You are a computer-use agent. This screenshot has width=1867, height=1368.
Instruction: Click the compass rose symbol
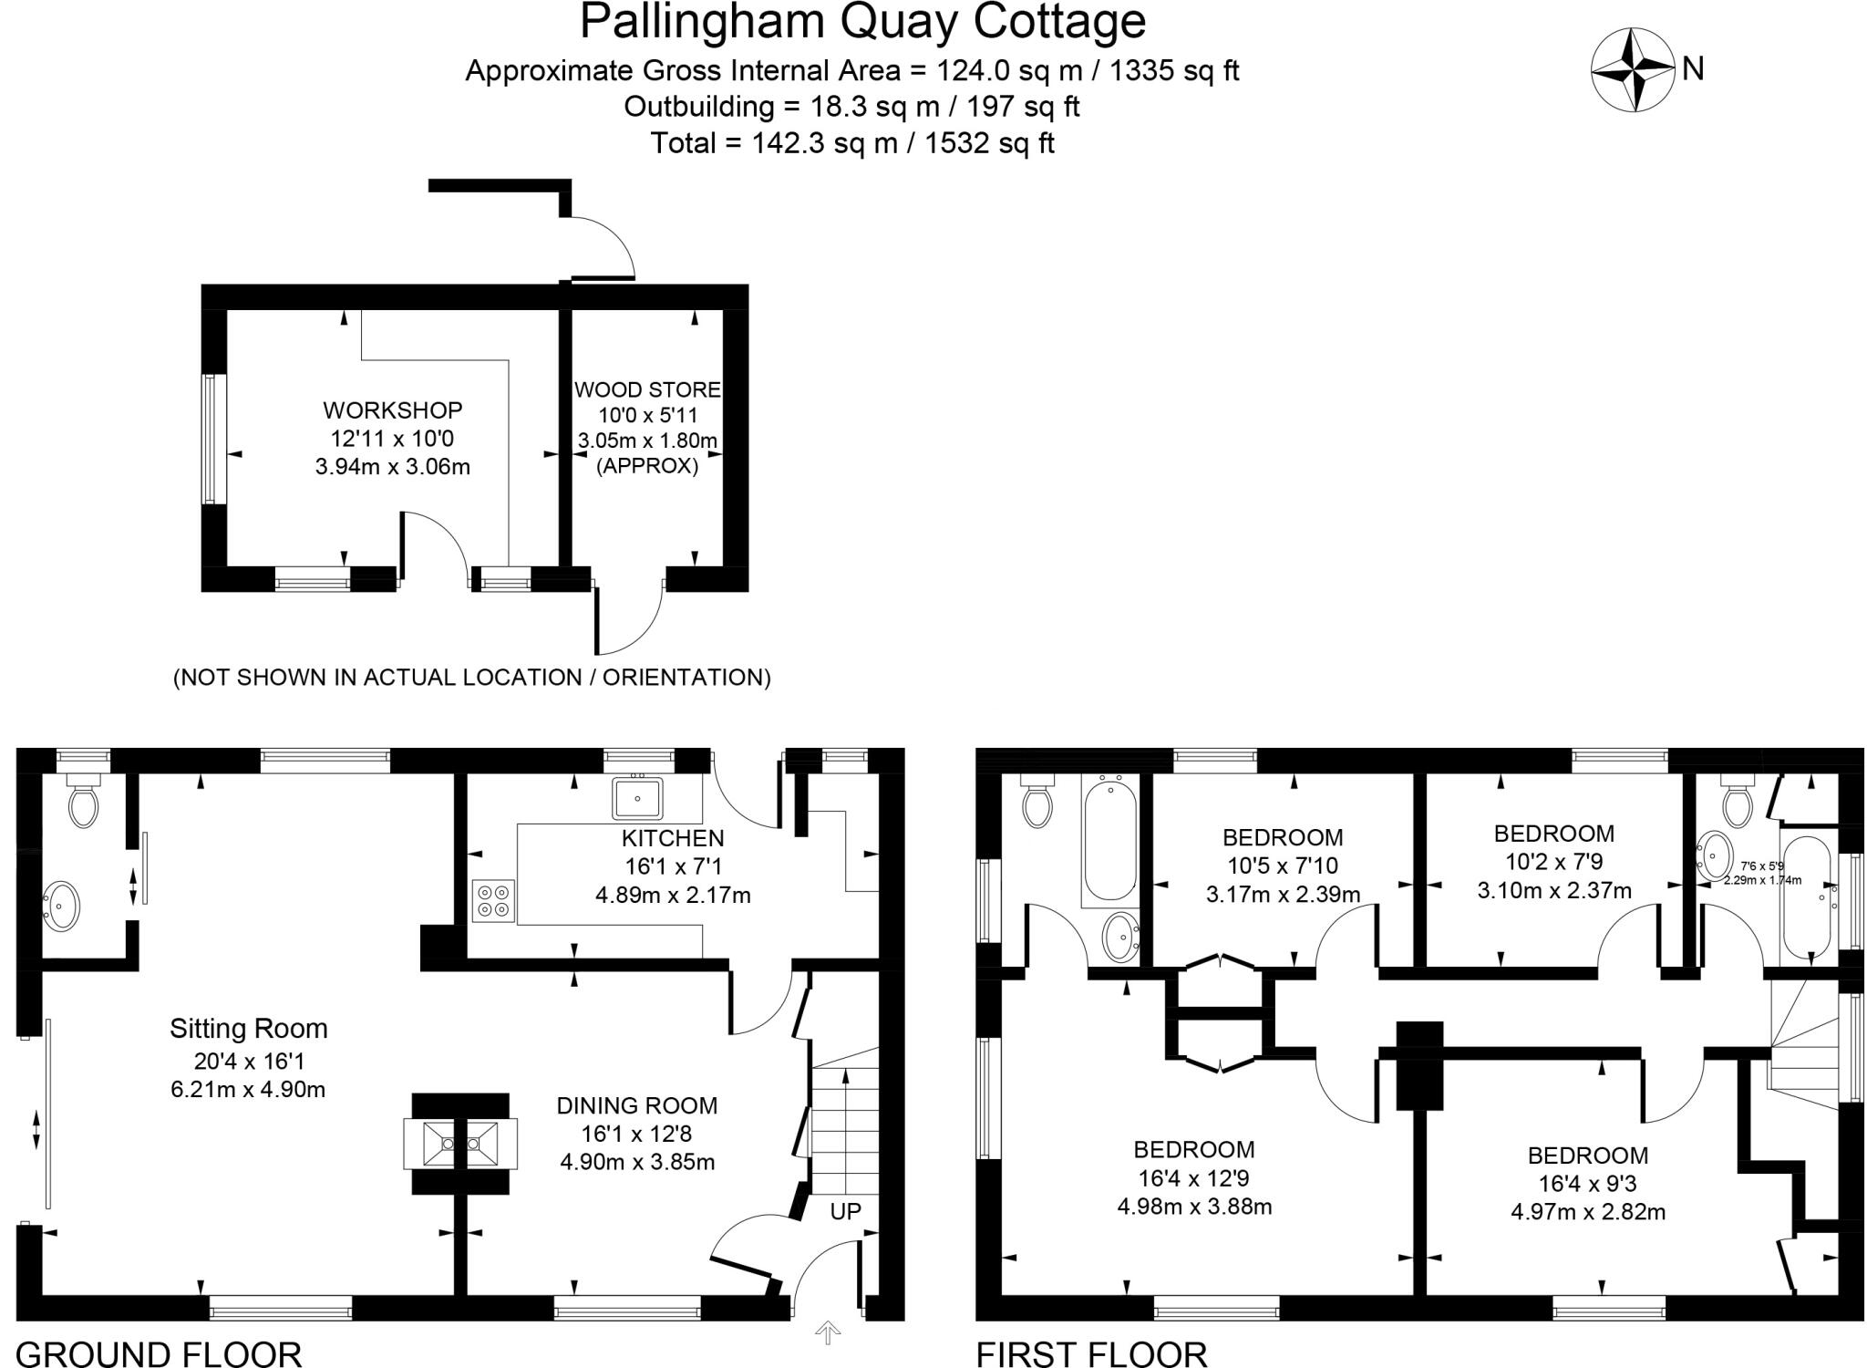(x=1633, y=70)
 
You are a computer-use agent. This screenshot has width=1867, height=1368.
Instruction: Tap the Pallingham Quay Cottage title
(x=862, y=22)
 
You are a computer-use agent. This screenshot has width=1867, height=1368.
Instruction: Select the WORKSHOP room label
(x=392, y=410)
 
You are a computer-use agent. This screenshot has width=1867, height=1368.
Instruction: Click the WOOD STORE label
(x=647, y=390)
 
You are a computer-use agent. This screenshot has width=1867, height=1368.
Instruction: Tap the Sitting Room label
(x=248, y=1029)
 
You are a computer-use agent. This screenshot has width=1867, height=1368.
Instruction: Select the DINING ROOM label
(x=637, y=1106)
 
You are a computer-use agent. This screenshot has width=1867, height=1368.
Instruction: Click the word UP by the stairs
(x=845, y=1212)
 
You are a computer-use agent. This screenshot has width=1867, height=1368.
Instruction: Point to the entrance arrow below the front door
(x=828, y=1332)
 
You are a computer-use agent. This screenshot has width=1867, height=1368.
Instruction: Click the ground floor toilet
(x=83, y=803)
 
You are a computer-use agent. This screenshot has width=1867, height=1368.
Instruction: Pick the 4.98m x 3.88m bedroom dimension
(x=1194, y=1207)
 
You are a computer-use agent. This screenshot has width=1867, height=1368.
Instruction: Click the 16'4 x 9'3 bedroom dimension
(x=1588, y=1184)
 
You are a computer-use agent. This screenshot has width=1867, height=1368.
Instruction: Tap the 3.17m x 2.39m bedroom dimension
(x=1283, y=894)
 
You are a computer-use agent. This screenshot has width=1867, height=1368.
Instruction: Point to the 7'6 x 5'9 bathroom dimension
(x=1762, y=866)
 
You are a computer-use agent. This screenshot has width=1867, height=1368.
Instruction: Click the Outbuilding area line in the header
(x=851, y=107)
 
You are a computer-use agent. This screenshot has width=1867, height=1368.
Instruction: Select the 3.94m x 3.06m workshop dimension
(x=392, y=467)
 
